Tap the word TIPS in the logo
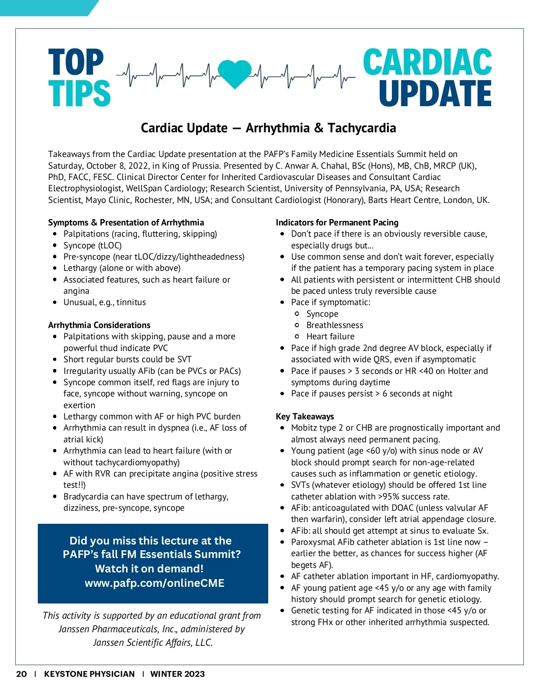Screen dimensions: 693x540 79,94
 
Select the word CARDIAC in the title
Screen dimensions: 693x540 427,63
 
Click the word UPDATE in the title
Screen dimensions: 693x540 435,94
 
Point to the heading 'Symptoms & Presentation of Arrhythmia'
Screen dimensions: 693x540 126,222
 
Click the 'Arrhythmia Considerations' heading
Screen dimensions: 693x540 99,325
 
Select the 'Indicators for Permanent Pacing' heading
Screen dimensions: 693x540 337,222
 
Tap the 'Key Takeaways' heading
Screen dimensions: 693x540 305,416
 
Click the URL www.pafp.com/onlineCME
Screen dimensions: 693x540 154,583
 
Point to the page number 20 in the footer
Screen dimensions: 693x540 21,674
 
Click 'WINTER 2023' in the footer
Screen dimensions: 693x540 177,674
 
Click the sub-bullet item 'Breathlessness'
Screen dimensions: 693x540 335,325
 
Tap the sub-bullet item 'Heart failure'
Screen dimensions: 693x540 330,337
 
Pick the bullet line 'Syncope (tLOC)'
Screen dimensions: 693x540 92,245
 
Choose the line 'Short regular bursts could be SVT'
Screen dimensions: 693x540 127,360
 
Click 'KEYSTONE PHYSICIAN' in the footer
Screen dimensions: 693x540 89,674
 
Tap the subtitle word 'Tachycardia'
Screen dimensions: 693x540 362,128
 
